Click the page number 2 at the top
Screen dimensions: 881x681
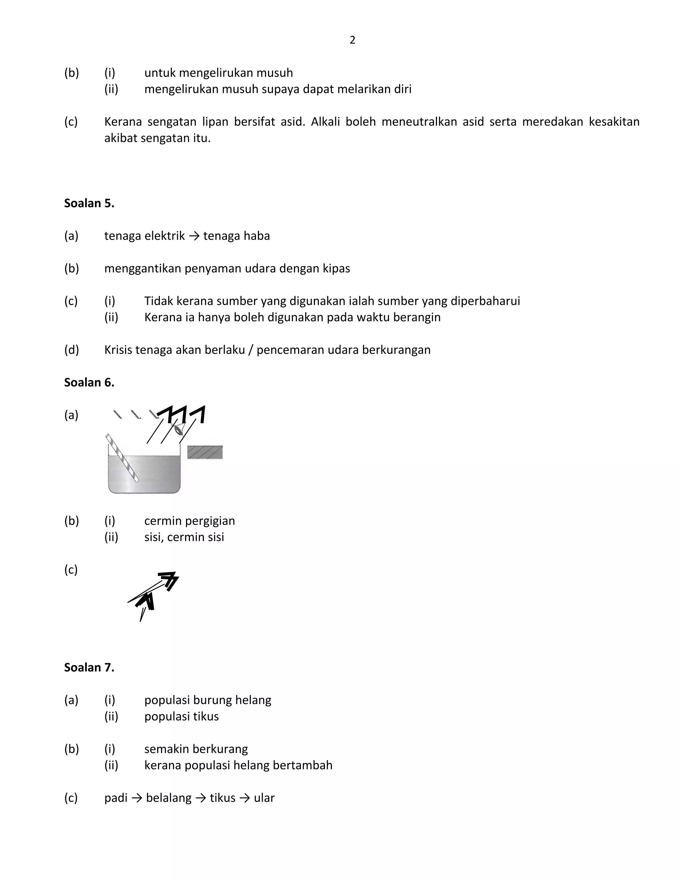coord(352,40)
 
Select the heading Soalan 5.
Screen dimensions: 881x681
coord(89,203)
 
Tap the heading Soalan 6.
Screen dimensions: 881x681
coord(89,382)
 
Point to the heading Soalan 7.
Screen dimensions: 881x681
coord(89,667)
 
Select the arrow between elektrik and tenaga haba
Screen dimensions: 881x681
coord(194,236)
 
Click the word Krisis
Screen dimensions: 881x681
coord(119,350)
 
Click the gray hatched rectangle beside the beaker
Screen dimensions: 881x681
coord(205,452)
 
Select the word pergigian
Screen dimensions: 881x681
coord(211,521)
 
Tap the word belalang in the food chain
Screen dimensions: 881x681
coord(169,798)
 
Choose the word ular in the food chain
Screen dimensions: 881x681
coord(264,798)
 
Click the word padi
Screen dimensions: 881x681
coord(116,798)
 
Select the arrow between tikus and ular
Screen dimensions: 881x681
coord(244,798)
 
